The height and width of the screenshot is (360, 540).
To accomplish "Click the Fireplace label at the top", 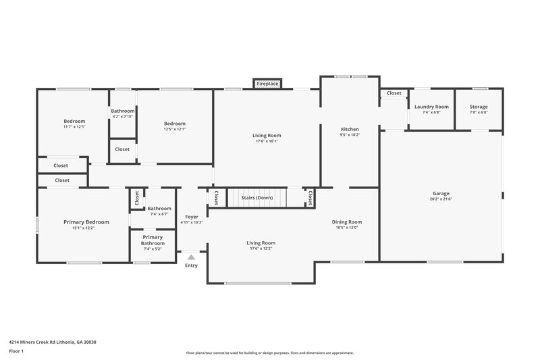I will click(267, 84).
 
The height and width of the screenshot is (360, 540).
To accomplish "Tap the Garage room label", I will click(441, 194).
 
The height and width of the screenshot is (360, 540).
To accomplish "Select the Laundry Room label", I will click(431, 107).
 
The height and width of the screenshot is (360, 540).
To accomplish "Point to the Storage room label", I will click(479, 107).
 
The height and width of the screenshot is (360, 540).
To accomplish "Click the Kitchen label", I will click(350, 129).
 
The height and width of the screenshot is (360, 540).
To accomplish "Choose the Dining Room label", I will click(347, 222).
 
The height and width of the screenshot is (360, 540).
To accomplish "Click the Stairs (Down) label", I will click(256, 198).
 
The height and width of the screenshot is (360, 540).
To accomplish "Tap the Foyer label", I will click(192, 217).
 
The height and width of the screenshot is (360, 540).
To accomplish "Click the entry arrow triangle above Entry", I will click(192, 257).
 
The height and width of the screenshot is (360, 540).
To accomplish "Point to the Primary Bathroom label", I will click(153, 240).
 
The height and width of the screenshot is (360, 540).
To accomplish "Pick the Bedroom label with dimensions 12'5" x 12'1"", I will click(175, 123).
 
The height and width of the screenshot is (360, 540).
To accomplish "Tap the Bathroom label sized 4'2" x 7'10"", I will click(123, 111).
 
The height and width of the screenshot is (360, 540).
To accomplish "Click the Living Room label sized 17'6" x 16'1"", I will click(267, 135).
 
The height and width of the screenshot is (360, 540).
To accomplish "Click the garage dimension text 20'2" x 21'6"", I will click(441, 199).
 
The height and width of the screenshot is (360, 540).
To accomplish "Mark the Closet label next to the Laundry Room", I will click(394, 93).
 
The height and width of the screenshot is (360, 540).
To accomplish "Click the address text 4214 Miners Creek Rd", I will click(53, 342).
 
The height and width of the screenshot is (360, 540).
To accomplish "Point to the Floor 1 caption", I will click(16, 352).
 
